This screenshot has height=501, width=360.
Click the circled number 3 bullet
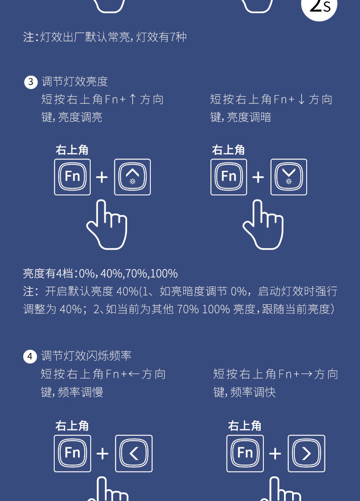tap(30, 82)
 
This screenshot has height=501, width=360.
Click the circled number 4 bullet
tap(30, 356)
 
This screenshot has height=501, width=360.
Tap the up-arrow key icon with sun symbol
tap(133, 177)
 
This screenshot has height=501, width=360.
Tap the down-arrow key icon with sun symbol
tap(289, 177)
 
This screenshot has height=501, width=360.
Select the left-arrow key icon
tap(134, 453)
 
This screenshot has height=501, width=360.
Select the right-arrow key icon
tap(306, 453)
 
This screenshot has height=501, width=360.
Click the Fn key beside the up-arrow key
tap(72, 177)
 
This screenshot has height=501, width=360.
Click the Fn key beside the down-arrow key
tap(229, 177)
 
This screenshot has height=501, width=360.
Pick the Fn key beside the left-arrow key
tap(72, 453)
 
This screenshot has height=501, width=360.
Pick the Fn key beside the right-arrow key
tap(245, 453)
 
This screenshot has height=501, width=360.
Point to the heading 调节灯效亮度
tap(75, 82)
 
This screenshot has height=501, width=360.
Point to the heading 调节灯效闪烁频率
tap(86, 356)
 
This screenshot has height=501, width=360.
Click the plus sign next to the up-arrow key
tap(102, 177)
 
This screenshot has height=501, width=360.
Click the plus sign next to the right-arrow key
tap(275, 454)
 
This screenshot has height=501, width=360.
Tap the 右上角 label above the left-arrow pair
tap(72, 426)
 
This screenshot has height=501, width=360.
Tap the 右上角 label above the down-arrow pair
tap(228, 150)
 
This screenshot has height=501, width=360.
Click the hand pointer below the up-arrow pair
tap(107, 225)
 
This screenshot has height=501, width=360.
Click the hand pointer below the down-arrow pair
tap(263, 225)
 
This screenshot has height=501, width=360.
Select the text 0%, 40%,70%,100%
tap(128, 274)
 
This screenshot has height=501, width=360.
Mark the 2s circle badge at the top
tap(319, 6)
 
